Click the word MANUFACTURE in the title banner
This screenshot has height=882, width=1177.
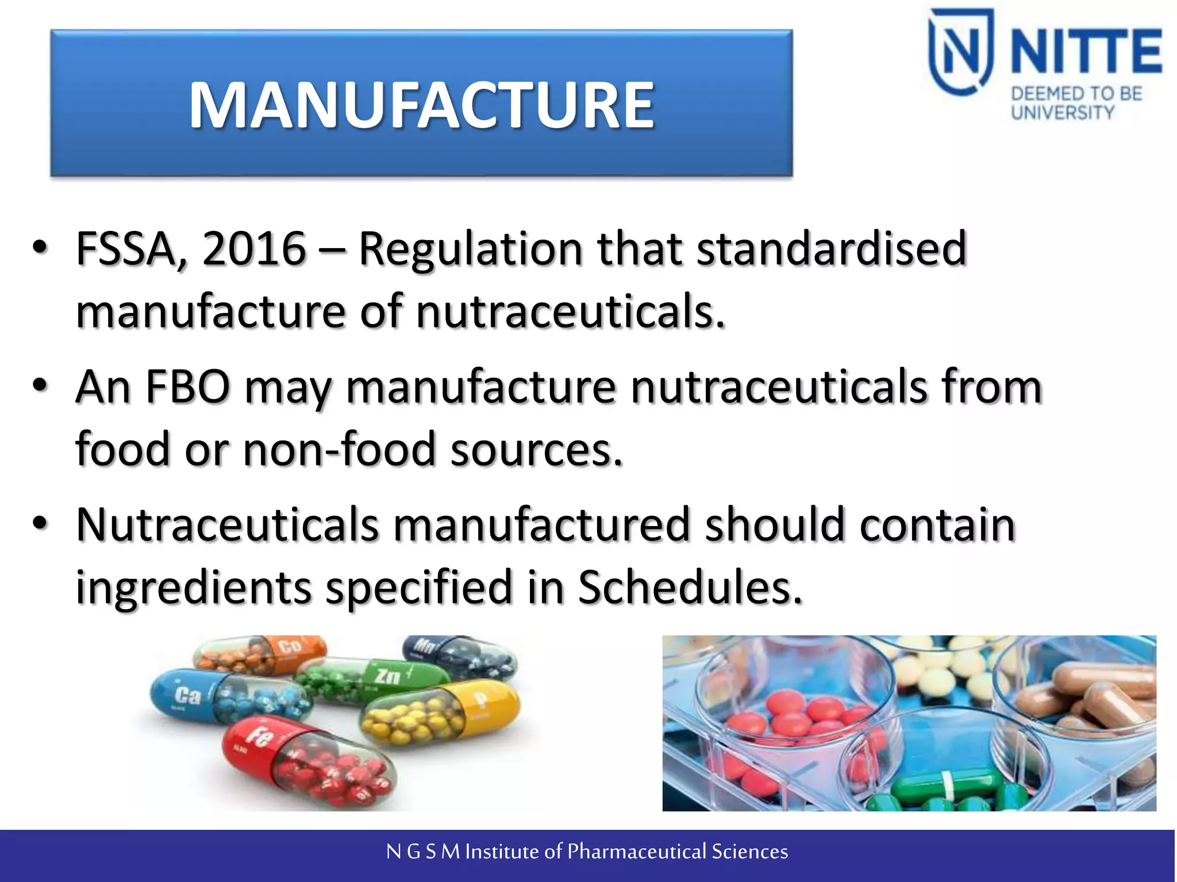pos(421,105)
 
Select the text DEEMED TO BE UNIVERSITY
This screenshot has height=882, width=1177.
pos(1076,103)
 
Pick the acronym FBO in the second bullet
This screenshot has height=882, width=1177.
pos(187,387)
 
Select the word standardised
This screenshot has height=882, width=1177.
pos(832,249)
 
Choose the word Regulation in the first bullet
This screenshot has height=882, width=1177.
pos(471,249)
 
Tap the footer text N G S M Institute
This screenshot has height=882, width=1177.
pos(586,852)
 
